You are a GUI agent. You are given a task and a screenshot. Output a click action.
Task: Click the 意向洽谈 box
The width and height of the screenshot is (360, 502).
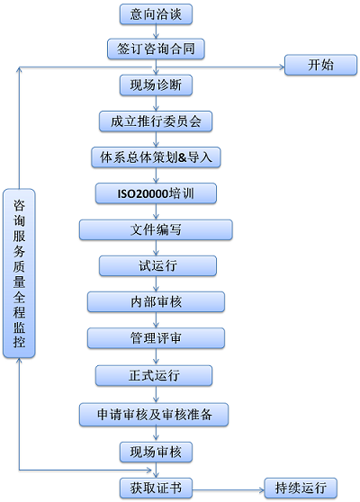[156, 14]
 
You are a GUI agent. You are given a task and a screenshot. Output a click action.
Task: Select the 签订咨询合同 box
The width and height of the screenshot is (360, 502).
[156, 49]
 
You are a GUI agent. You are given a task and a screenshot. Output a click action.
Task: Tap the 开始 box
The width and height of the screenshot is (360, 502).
[320, 65]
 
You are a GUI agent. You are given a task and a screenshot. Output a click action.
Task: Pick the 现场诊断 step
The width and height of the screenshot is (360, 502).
[156, 85]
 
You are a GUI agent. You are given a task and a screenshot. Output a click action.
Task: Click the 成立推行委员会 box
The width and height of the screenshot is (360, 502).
[156, 121]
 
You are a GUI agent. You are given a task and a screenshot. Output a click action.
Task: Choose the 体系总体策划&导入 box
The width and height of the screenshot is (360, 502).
[156, 157]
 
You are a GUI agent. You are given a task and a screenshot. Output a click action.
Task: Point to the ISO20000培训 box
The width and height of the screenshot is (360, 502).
[156, 193]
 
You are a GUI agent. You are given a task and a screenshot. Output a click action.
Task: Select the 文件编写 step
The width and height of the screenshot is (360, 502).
[156, 229]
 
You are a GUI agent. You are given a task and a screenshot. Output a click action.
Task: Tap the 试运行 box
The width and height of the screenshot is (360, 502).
[157, 265]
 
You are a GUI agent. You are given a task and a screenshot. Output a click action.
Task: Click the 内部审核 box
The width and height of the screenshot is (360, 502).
[156, 301]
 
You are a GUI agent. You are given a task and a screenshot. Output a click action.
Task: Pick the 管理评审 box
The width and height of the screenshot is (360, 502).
[156, 337]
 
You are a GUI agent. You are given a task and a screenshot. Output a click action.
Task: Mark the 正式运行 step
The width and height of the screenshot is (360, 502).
[154, 375]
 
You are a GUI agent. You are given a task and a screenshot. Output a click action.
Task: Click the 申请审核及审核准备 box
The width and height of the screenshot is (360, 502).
[154, 414]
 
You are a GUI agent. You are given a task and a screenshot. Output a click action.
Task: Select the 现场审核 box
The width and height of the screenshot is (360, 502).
[156, 452]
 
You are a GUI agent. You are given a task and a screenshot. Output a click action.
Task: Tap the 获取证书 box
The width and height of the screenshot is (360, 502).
[156, 488]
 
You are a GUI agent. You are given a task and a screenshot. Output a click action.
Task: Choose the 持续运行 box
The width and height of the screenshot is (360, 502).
[301, 488]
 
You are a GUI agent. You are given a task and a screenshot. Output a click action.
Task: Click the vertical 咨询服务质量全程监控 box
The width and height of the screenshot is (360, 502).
[19, 273]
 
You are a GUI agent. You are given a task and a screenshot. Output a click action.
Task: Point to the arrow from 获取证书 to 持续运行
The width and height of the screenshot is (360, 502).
[228, 489]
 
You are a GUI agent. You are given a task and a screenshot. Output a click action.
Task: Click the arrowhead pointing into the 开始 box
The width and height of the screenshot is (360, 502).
[282, 67]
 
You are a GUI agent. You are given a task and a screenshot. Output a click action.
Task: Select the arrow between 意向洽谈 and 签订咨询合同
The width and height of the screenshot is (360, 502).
[156, 31]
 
